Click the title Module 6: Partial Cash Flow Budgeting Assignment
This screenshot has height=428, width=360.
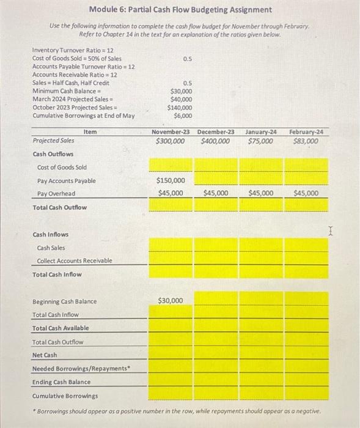point(180,10)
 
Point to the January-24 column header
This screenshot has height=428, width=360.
point(261,131)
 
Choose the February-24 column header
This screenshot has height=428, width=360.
point(307,131)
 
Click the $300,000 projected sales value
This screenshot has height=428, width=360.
point(171,141)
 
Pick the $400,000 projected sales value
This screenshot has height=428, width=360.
point(216,141)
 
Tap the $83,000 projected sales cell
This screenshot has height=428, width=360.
point(306,141)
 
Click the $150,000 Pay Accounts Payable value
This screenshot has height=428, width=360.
point(171,180)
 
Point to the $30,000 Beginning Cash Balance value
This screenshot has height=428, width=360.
point(171,301)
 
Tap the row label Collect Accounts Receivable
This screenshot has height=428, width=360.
point(75,261)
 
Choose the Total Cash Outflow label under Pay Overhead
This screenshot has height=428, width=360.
point(59,207)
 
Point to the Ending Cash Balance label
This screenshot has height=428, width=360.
point(61,382)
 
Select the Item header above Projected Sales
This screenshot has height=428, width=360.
point(90,131)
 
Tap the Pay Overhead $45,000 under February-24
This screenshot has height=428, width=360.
point(306,193)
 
